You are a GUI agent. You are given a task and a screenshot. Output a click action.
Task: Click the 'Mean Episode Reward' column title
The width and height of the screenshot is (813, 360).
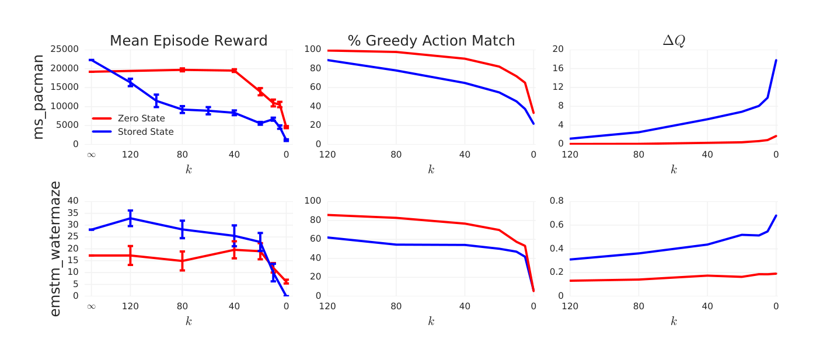(x=189, y=41)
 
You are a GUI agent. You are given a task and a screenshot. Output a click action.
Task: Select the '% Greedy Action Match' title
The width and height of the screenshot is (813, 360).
(x=431, y=41)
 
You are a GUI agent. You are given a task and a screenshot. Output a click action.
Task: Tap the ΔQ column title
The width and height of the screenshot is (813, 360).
(x=674, y=41)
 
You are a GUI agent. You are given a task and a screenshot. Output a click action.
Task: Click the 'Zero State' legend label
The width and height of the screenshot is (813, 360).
(x=141, y=118)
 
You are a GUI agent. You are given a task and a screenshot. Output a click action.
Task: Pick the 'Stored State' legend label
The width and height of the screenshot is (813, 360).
(x=145, y=132)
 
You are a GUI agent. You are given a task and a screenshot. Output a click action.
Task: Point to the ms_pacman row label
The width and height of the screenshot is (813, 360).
(x=38, y=97)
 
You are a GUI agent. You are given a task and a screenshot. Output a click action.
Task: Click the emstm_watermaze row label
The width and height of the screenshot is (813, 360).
(x=55, y=249)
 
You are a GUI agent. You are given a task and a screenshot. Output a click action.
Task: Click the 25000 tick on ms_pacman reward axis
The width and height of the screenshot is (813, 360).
(x=64, y=49)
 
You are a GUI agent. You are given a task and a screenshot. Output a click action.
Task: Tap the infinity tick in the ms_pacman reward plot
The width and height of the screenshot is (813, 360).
(x=91, y=155)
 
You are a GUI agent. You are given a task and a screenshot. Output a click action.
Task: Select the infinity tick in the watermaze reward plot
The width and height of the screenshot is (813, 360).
(x=91, y=306)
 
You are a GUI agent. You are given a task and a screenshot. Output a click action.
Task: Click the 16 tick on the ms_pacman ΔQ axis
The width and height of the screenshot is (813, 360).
(x=557, y=68)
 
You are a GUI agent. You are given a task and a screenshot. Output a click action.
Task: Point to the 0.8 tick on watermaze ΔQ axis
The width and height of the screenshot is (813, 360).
(x=556, y=201)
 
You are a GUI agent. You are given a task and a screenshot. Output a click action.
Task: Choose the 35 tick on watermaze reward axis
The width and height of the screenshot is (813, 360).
(x=73, y=212)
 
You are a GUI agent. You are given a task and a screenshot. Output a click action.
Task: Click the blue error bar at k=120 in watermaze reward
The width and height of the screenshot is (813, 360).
(x=130, y=218)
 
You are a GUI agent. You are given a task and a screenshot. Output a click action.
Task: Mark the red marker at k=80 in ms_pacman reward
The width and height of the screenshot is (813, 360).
(x=182, y=69)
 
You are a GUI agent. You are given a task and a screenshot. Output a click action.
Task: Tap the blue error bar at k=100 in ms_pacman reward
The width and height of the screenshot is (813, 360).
(x=156, y=100)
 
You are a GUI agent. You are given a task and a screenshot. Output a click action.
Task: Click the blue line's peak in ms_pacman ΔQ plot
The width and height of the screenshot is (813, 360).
(x=776, y=60)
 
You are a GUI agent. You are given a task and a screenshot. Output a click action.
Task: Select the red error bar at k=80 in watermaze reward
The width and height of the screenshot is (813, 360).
(x=182, y=261)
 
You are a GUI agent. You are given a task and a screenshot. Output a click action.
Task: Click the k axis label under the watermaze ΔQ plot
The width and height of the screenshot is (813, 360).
(x=674, y=321)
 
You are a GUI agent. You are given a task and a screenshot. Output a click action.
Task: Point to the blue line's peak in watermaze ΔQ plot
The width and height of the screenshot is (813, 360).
(x=776, y=216)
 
